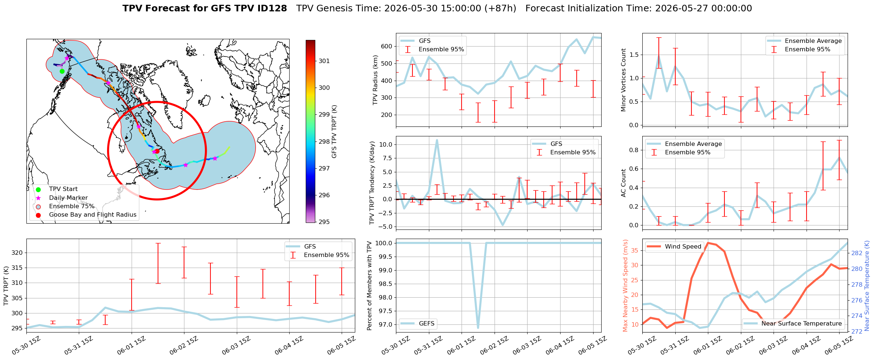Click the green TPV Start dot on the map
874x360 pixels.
(62, 71)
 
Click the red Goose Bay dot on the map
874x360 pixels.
(157, 151)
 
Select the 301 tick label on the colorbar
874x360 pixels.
(324, 61)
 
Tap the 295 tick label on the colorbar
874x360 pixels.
(324, 222)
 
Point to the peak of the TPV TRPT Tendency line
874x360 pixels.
(437, 140)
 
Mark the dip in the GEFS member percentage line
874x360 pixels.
(478, 327)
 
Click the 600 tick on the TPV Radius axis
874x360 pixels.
(387, 47)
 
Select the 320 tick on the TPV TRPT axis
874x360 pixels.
(17, 253)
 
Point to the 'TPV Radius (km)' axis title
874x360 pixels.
(375, 80)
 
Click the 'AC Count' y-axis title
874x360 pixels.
(624, 183)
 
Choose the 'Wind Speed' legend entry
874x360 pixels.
(674, 247)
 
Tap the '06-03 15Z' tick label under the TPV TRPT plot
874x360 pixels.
(237, 345)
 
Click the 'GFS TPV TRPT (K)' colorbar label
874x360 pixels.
(334, 132)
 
